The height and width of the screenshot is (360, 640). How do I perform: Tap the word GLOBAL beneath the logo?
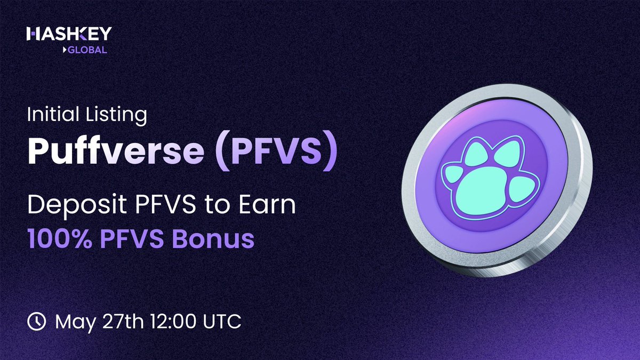coord(87,50)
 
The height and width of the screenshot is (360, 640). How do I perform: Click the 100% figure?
coord(59,238)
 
